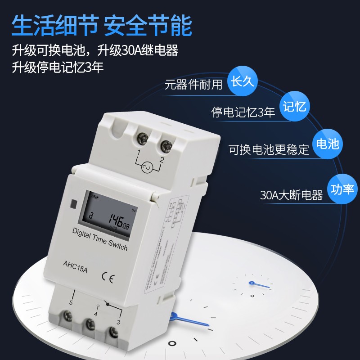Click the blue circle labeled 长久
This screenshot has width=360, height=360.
point(243,82)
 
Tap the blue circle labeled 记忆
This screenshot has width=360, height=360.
point(295,106)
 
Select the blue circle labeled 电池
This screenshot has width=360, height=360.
point(327,144)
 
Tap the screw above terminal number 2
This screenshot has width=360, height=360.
point(164,145)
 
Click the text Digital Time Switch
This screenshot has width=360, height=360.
point(99,239)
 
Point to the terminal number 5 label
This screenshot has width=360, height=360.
point(71,302)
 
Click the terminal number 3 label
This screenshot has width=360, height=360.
point(118,322)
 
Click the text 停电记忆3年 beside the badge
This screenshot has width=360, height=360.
point(243,112)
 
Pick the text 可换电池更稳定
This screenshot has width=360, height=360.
point(269,149)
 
